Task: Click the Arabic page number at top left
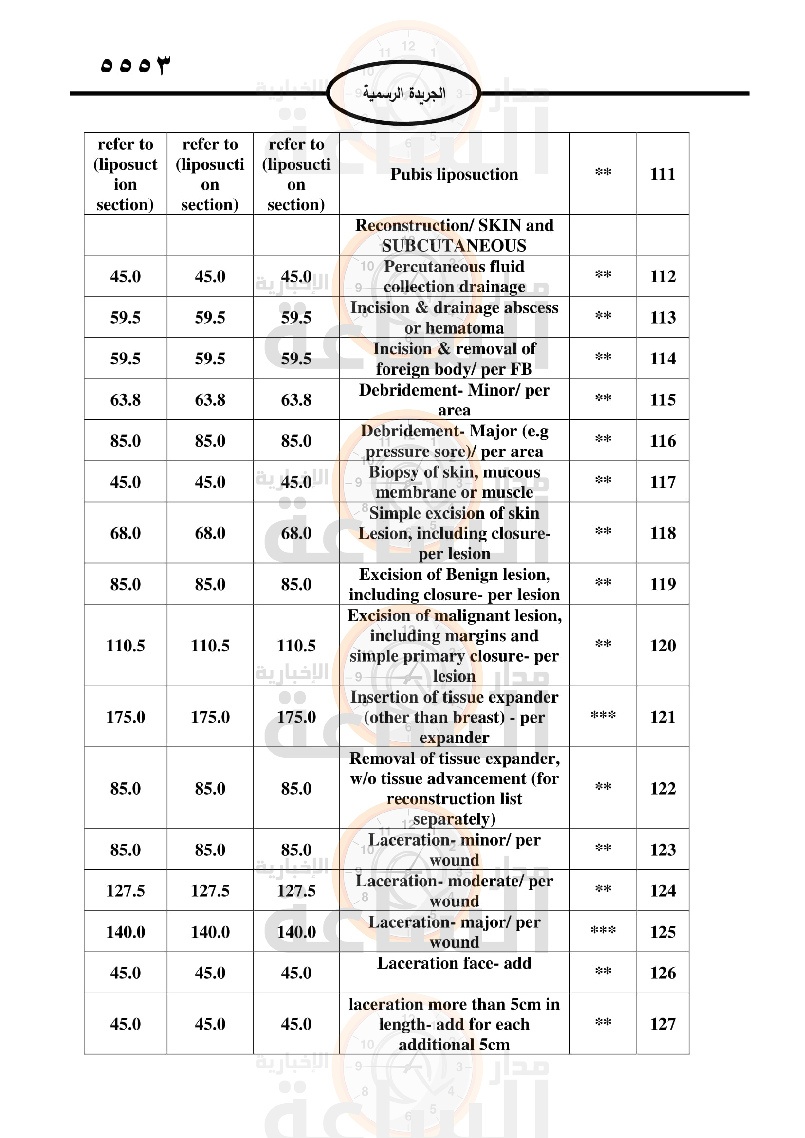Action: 135,64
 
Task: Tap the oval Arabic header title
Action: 403,93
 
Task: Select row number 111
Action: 662,174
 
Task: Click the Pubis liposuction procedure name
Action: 454,174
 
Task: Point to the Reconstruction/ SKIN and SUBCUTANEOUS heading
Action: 454,235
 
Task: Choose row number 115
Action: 662,399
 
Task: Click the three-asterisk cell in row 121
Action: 603,716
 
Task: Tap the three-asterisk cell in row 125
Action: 603,931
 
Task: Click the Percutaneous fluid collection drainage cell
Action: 454,276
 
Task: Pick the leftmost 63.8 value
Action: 126,399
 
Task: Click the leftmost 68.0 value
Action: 126,533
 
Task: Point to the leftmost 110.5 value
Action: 126,645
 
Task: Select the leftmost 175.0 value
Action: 126,717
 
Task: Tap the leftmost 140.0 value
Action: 126,932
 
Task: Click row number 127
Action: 662,1024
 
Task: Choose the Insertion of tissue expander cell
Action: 454,717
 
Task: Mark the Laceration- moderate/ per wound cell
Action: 454,891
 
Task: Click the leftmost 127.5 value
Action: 126,891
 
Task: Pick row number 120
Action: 662,645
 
